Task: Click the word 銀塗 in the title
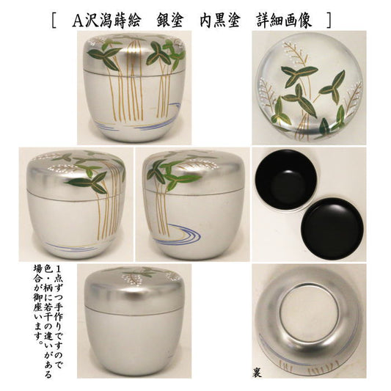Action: click(170, 21)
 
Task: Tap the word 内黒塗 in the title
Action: click(220, 21)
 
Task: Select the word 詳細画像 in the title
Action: click(284, 21)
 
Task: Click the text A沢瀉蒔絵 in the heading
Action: click(106, 21)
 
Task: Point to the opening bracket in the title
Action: click(54, 21)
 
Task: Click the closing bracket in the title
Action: click(329, 21)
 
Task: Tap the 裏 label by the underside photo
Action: click(257, 373)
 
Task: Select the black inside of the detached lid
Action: click(332, 228)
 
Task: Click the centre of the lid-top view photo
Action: click(310, 87)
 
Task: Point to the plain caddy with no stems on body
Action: click(134, 321)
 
